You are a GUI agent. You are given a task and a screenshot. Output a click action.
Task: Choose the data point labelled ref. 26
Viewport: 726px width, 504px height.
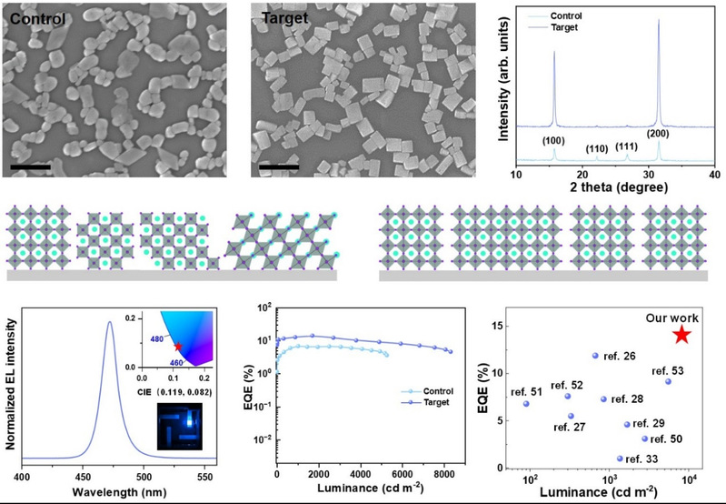coord(596,356)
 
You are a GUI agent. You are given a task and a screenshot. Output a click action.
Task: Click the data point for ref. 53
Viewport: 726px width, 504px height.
coord(669,381)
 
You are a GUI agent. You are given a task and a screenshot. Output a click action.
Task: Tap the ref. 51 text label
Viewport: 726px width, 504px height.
coord(526,392)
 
